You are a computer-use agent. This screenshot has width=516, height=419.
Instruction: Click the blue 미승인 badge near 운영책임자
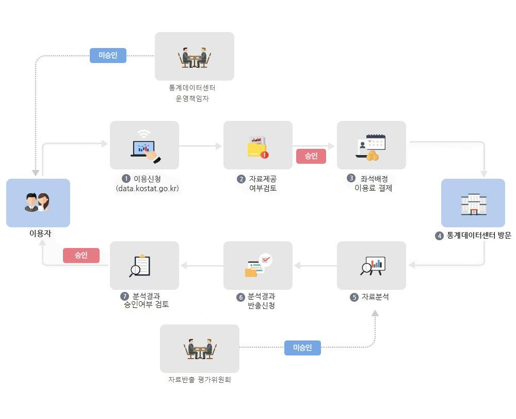point(108,55)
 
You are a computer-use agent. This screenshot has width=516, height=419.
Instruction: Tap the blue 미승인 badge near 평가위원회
point(302,348)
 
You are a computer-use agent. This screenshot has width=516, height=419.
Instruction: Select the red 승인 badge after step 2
point(311,156)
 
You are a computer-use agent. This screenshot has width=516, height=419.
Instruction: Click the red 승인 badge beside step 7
point(81,255)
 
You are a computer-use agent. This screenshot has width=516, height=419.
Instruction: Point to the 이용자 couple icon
point(38,202)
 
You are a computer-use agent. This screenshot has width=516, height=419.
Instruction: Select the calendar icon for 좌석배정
point(372,147)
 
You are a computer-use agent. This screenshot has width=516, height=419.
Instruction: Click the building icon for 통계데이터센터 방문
point(473,204)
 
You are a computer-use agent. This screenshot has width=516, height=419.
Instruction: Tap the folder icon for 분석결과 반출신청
point(258,266)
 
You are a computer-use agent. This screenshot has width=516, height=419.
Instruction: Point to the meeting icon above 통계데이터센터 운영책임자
point(195,57)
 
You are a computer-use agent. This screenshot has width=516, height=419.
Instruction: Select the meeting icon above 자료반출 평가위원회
point(200,349)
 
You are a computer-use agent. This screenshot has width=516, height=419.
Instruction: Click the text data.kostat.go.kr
point(148,189)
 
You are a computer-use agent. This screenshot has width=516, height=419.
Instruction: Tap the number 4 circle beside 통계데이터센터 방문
point(439,236)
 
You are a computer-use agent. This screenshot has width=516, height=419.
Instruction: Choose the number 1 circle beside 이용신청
point(126,179)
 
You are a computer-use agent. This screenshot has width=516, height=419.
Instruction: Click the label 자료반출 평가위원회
point(200,380)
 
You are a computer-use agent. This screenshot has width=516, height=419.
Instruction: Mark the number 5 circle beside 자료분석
point(354,298)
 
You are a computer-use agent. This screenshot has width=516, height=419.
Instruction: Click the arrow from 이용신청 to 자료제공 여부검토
point(200,146)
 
